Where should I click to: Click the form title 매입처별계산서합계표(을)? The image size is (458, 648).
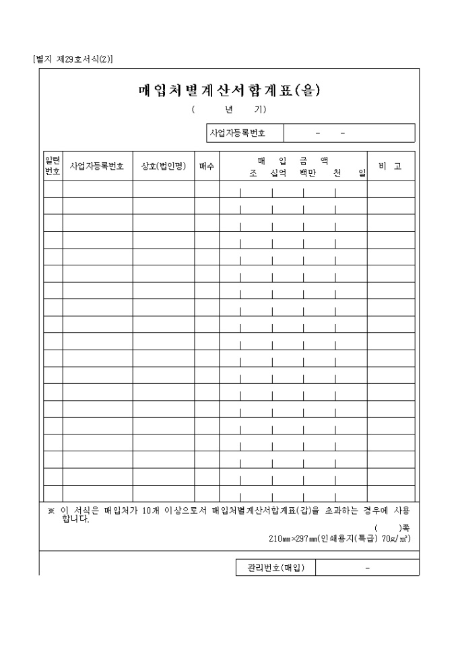coord(228,91)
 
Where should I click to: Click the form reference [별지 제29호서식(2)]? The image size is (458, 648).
coord(73,59)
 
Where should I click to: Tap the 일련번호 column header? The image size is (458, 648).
coord(53,166)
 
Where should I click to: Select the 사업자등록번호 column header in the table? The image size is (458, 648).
coord(97,166)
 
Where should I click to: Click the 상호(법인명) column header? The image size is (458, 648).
coord(164,166)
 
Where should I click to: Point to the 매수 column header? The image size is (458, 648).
coord(207,166)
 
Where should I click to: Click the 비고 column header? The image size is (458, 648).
coord(390,166)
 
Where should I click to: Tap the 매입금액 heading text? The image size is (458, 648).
coord(293,160)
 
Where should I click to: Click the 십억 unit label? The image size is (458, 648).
coord(278,173)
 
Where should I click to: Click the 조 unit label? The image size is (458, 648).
coord(253,173)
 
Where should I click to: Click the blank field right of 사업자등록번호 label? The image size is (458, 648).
coord(349,133)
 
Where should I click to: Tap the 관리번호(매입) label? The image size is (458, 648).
coord(275,568)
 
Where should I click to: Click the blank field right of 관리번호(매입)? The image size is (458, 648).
coord(367,568)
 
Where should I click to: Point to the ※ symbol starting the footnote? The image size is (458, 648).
coord(51,510)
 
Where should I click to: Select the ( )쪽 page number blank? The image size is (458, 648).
coord(391,528)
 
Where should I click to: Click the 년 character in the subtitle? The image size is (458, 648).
coord(229,109)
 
